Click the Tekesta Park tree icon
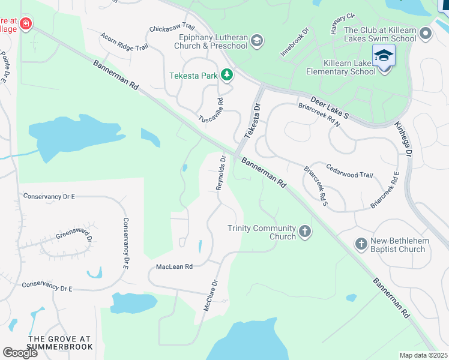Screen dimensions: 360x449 point(226,74)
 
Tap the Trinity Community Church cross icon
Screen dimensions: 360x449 point(305,232)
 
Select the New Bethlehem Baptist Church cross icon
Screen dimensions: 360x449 point(361,244)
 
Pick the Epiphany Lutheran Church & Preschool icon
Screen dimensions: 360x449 point(257,41)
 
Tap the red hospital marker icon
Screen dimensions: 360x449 point(25,24)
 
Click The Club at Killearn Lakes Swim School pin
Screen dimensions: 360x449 point(426,34)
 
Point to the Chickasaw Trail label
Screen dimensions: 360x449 point(172,28)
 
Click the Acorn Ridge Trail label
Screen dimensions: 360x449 point(124,43)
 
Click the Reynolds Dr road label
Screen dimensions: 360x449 point(221,173)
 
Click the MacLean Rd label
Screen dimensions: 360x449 point(174,266)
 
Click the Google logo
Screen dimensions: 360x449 point(20,352)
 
